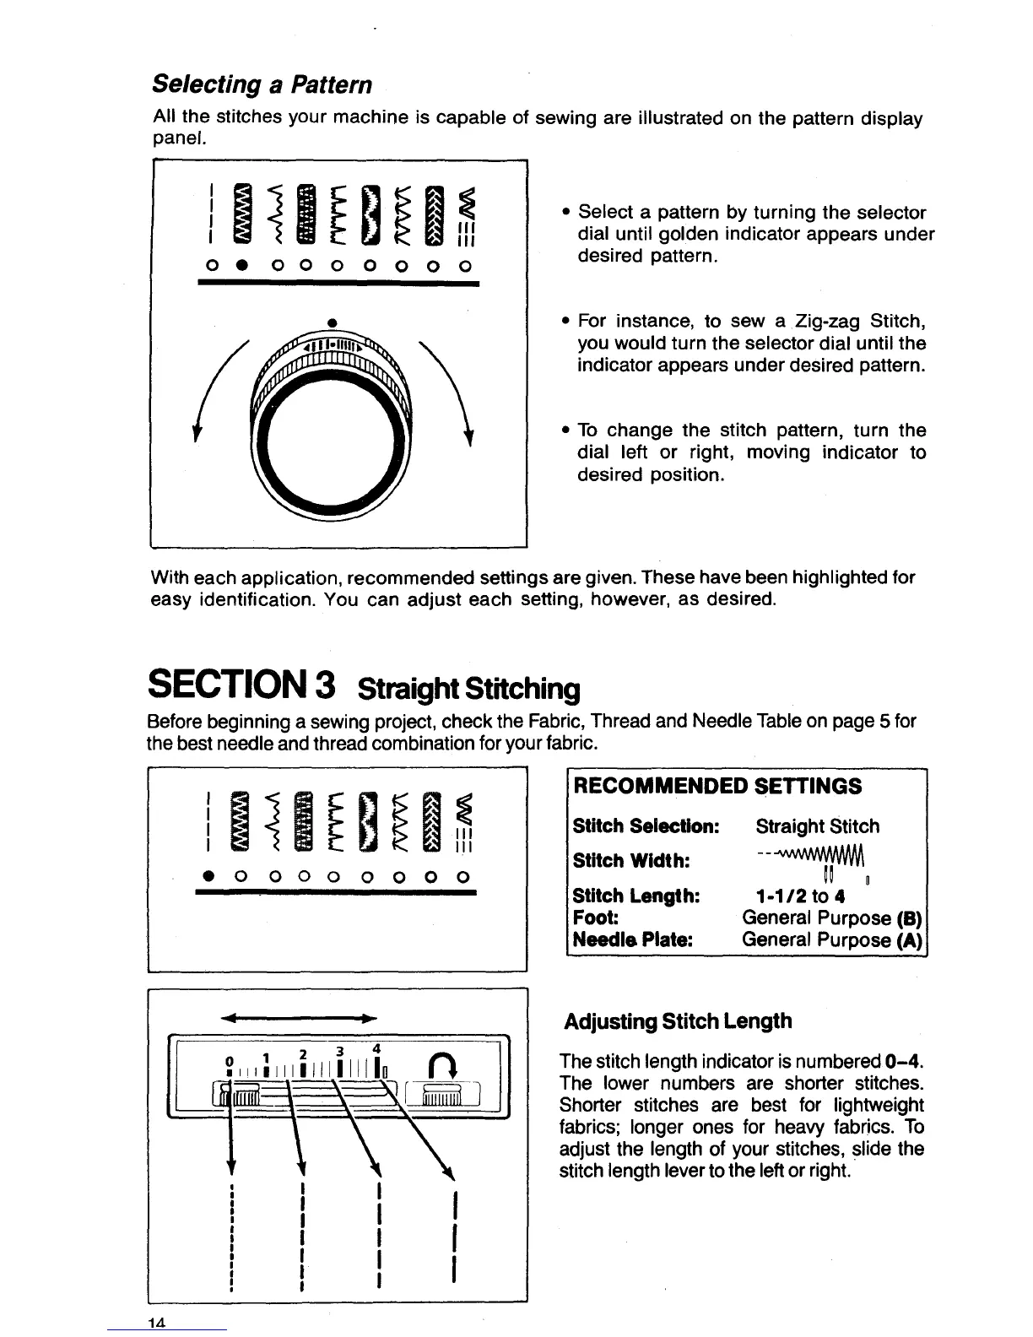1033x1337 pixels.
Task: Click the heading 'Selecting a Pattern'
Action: point(262,85)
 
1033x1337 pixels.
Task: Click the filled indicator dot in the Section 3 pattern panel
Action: point(205,875)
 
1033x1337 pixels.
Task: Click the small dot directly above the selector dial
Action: point(333,322)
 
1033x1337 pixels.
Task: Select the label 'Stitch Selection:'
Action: point(646,826)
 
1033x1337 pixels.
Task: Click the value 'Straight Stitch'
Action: point(817,826)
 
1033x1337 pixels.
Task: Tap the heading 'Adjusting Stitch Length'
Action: point(678,1021)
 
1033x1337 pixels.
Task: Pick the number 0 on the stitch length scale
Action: point(228,1061)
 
